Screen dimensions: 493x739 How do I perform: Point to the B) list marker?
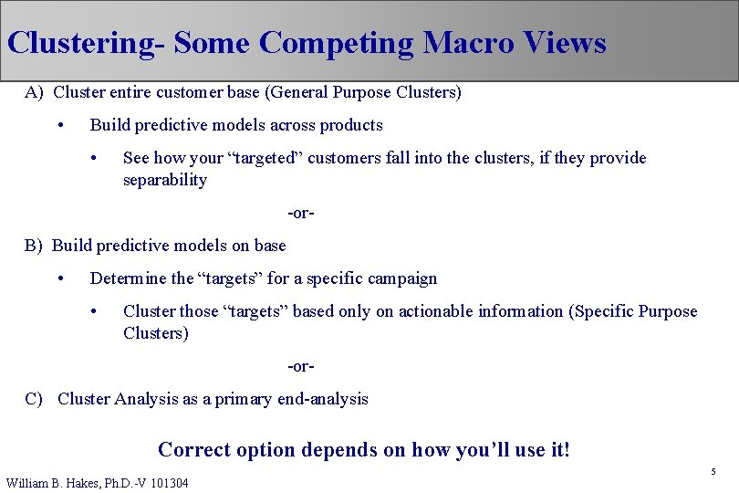click(x=34, y=246)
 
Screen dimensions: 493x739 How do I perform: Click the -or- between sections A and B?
click(x=301, y=213)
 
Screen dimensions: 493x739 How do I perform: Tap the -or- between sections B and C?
click(x=301, y=366)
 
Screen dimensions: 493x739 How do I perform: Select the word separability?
click(x=165, y=180)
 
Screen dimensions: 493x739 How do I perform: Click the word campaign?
click(x=402, y=278)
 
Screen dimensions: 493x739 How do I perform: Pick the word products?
click(x=351, y=125)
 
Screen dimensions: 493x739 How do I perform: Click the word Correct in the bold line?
click(x=193, y=449)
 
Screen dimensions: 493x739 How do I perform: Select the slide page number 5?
click(x=713, y=472)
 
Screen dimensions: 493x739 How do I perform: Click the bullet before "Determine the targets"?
click(x=60, y=278)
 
